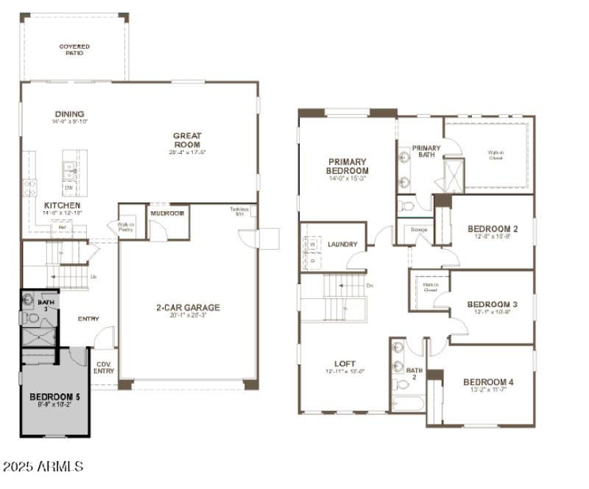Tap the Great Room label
click(x=187, y=140)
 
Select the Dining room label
click(x=69, y=114)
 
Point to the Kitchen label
click(x=63, y=205)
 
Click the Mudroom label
click(x=166, y=213)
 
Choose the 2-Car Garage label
click(x=188, y=308)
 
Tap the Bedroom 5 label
click(x=55, y=398)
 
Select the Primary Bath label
click(x=426, y=152)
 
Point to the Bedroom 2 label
click(x=493, y=229)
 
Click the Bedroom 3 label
click(x=493, y=304)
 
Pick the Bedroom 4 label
click(x=488, y=381)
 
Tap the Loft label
click(x=345, y=363)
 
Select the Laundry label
click(x=342, y=245)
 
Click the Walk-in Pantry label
click(x=127, y=228)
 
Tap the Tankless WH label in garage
click(x=239, y=211)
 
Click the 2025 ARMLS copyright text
click(x=43, y=467)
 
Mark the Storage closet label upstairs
click(x=419, y=230)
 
